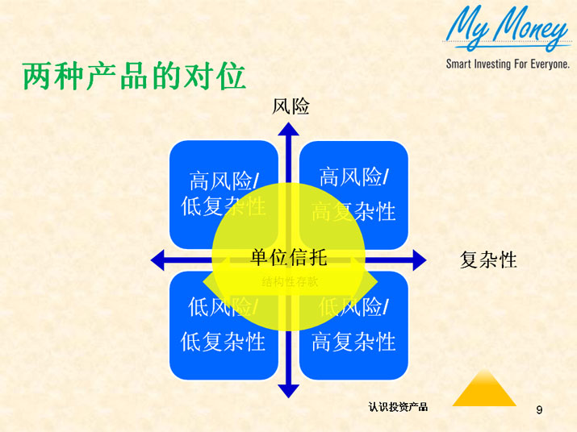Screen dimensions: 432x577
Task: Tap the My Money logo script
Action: click(x=506, y=31)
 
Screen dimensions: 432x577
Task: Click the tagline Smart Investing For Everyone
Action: click(x=507, y=64)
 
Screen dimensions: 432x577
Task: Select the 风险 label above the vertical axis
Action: click(x=291, y=106)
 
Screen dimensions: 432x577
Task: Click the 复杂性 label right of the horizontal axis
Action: click(x=488, y=260)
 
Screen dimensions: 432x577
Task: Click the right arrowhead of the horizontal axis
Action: click(x=417, y=260)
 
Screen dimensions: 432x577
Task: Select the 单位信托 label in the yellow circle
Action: click(x=289, y=257)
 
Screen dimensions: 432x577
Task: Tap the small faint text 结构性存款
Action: click(x=291, y=282)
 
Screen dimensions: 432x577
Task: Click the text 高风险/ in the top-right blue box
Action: click(x=353, y=177)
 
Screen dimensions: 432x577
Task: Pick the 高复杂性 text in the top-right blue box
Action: click(x=353, y=211)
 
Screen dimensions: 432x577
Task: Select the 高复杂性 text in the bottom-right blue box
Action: click(x=353, y=342)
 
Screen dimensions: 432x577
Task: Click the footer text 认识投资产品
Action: click(x=398, y=406)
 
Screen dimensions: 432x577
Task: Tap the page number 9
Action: click(x=540, y=410)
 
